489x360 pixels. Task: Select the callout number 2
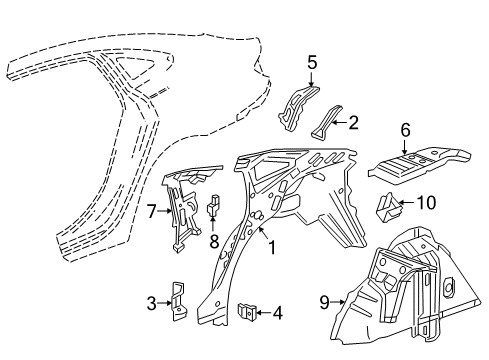tap(352, 123)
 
